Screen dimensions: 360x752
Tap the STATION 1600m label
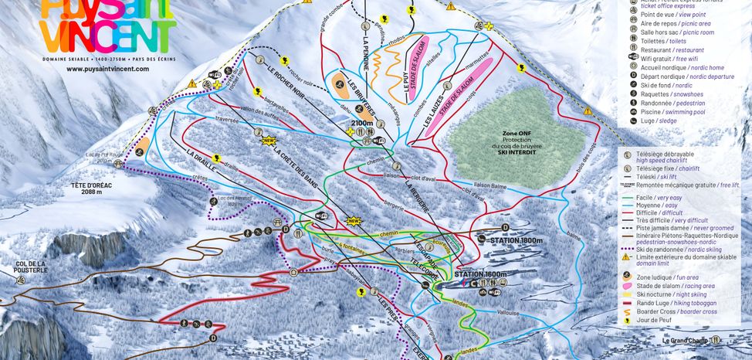481,274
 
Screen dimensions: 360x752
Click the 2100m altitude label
363,122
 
